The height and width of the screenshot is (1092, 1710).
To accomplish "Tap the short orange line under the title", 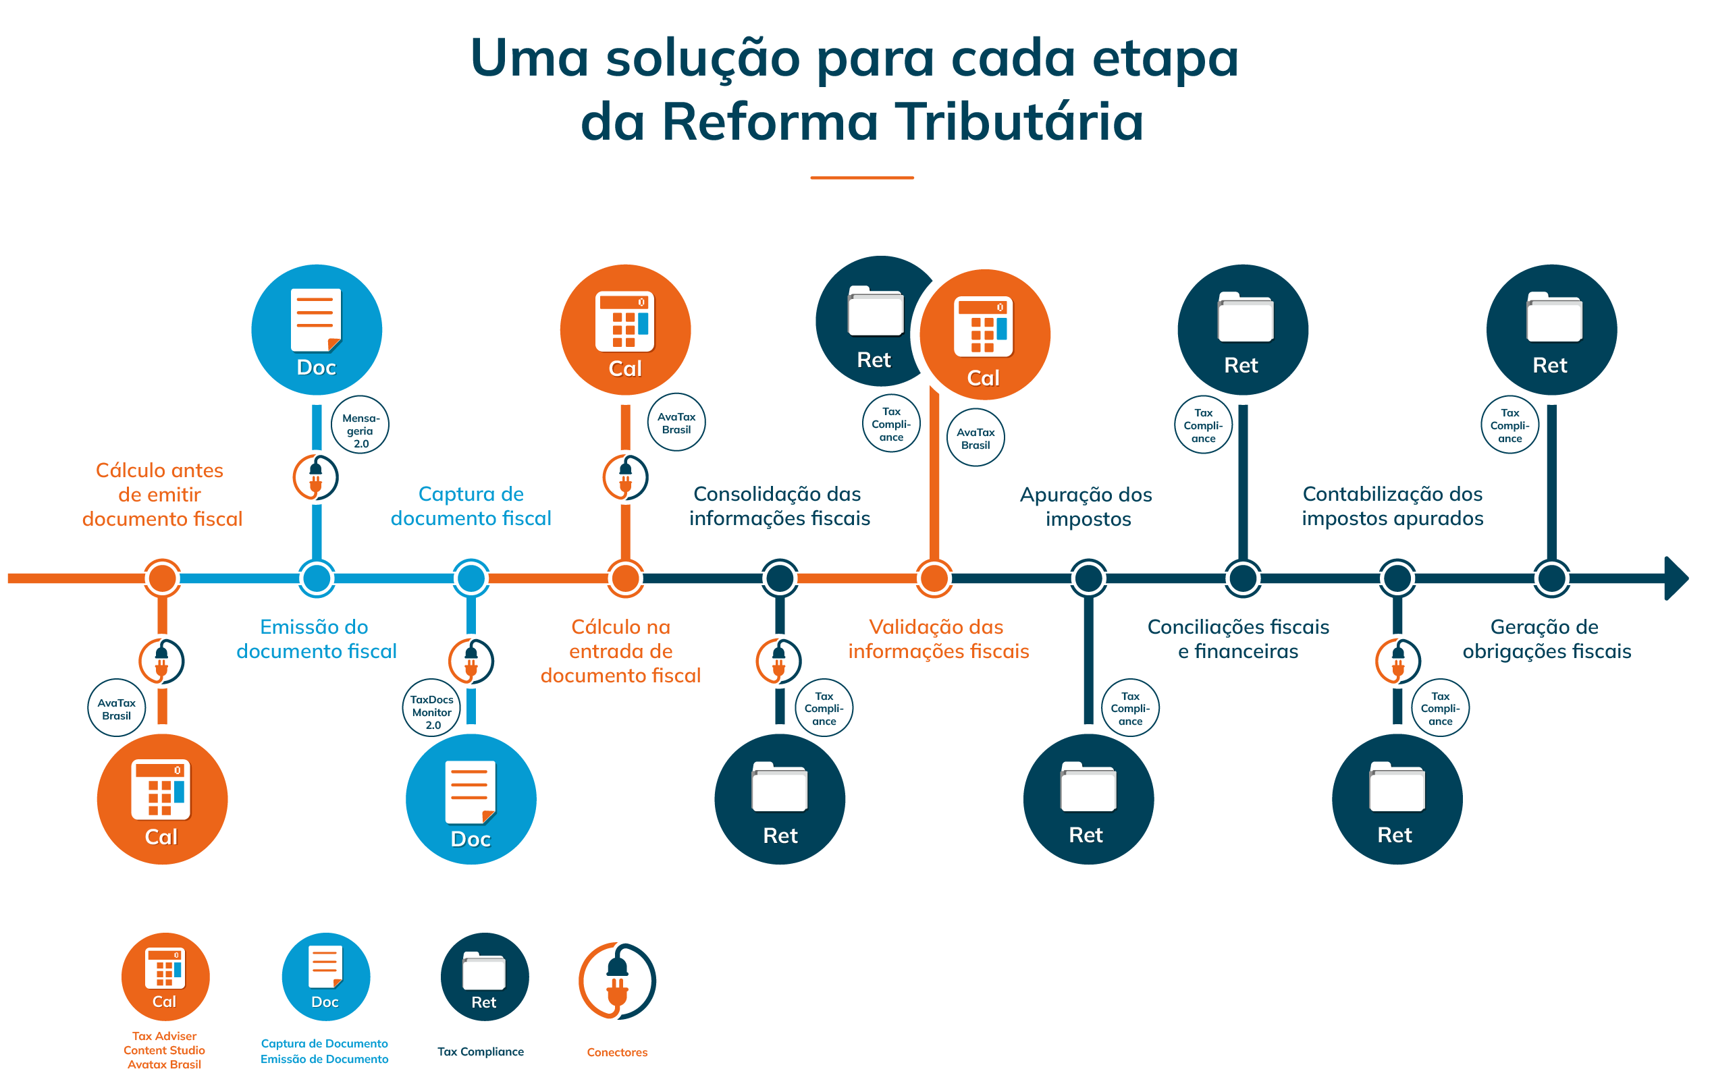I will point(861,178).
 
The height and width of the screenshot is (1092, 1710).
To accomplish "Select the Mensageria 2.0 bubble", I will point(360,425).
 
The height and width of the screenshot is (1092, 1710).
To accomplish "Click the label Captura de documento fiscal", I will point(471,506).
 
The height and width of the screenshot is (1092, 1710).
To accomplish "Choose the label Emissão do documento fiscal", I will point(316,639).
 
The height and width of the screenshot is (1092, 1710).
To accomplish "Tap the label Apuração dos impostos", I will point(1086,506).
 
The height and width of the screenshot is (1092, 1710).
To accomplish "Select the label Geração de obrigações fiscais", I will point(1546,639).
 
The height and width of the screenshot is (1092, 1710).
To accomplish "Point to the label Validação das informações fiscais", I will point(938,639).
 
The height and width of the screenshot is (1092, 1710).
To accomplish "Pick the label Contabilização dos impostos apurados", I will point(1392,506).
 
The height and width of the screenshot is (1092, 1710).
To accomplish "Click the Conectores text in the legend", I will point(616,1052).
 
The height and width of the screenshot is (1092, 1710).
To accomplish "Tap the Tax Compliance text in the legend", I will point(480,1052).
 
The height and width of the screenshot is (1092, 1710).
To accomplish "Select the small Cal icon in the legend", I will point(165,977).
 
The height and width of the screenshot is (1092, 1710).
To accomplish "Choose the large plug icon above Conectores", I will point(616,981).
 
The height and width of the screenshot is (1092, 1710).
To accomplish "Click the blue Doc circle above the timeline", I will point(316,329).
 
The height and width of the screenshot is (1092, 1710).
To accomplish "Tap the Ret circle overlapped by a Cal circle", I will point(870,323).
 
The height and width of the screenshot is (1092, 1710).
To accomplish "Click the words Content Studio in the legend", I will point(164,1050).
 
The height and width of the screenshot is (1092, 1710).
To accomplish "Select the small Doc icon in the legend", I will point(325,977).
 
